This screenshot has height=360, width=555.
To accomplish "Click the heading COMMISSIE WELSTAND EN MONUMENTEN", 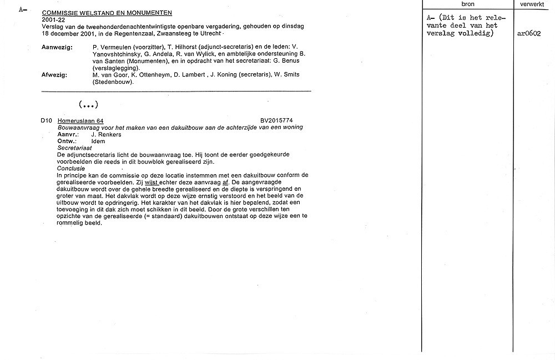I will tap(107, 12).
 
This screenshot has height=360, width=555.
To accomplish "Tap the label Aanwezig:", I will tap(57, 48).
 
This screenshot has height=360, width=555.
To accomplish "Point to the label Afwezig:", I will tap(54, 75).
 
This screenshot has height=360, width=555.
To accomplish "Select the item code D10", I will tap(46, 121).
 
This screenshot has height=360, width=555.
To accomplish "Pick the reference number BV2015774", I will tap(276, 121).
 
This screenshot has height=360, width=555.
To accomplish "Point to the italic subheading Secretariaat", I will tap(75, 148).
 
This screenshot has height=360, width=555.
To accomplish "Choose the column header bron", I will tap(468, 4).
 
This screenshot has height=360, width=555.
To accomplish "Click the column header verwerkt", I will tap(532, 4).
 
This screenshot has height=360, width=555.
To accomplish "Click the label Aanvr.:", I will tap(68, 134).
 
